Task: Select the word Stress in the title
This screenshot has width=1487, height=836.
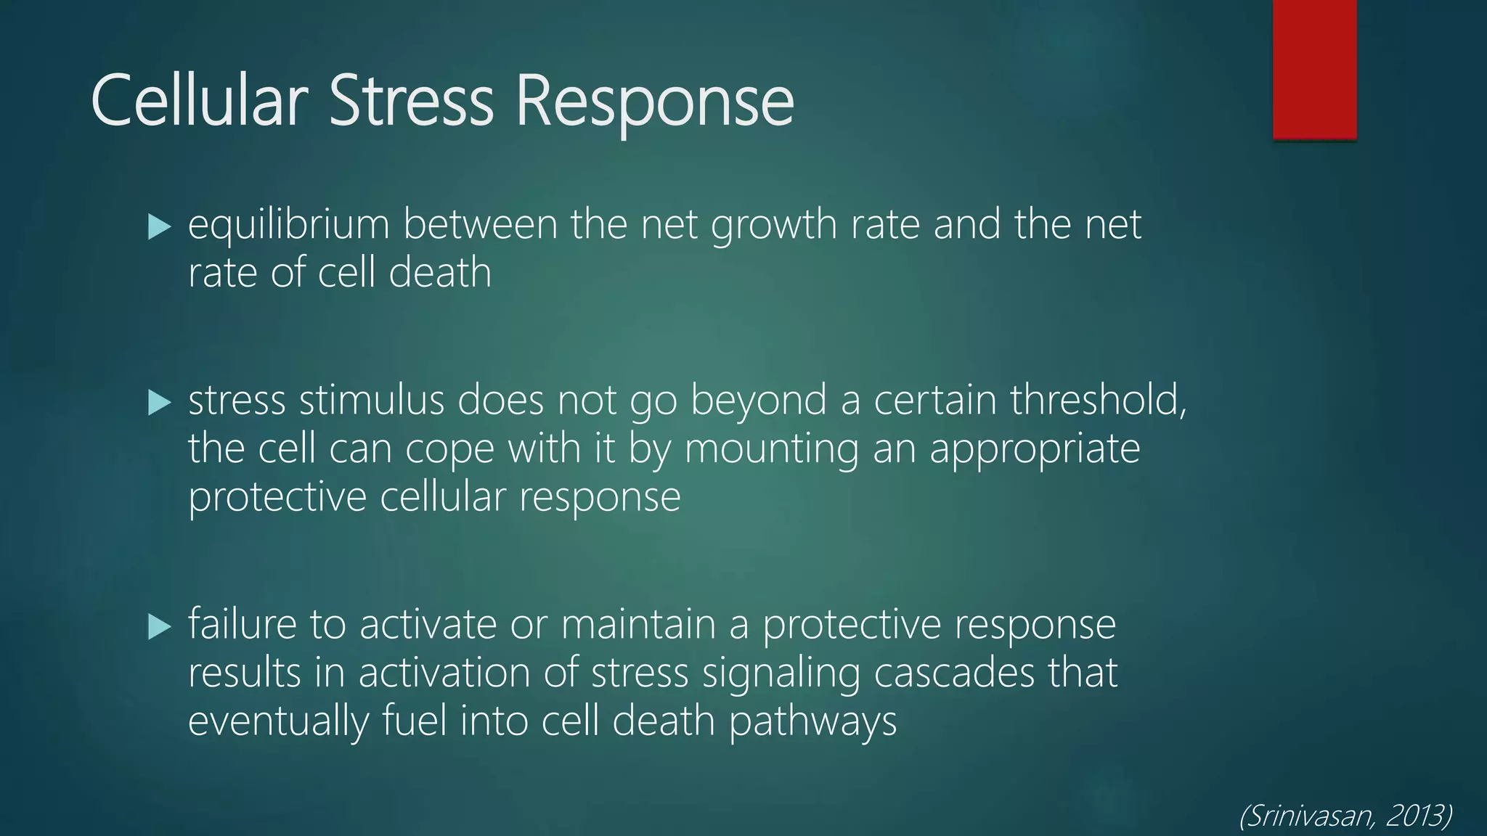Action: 411,101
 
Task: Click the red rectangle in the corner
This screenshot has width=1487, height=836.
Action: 1314,69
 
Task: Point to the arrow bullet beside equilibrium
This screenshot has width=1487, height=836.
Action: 158,227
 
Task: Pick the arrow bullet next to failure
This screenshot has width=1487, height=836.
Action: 158,626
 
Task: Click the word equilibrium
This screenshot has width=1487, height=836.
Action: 288,225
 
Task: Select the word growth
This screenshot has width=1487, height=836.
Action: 773,225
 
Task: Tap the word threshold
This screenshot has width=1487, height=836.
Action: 1098,400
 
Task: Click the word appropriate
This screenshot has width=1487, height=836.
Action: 1035,449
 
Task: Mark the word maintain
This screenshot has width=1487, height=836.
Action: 638,625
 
